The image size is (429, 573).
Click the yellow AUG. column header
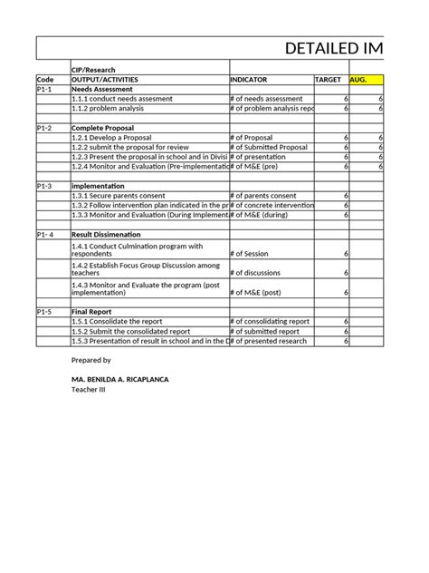coord(366,80)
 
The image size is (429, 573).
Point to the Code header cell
coord(45,80)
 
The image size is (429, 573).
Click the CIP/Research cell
coord(95,70)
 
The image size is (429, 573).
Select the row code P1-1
coord(45,89)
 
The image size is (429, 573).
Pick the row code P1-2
coord(45,128)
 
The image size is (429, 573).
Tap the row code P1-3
coord(45,186)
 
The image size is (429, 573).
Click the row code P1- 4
coord(46,234)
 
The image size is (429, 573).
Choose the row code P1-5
coord(45,311)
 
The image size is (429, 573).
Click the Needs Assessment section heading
coord(102,89)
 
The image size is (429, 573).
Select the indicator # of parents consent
coord(263,196)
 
